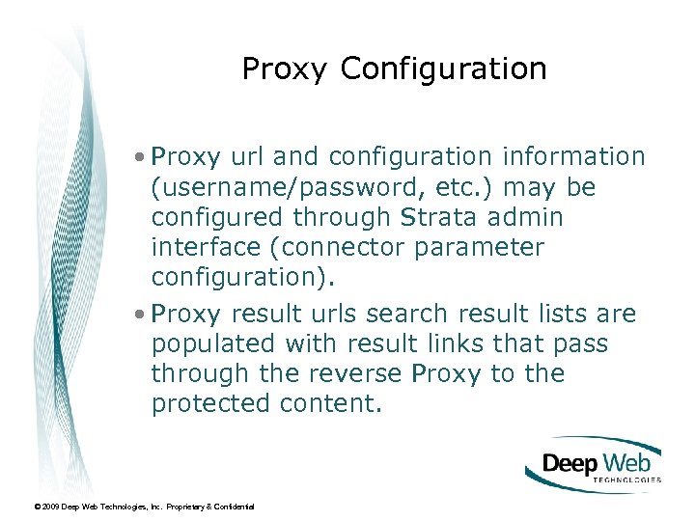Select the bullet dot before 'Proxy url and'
[142, 156]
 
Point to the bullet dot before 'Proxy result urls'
[142, 315]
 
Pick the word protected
[211, 404]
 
